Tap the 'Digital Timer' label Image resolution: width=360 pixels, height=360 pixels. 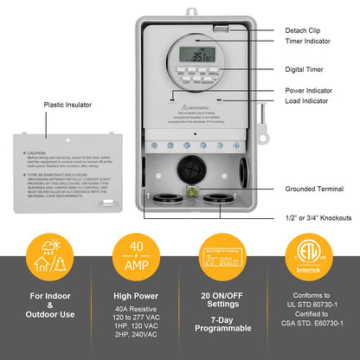pos(305,68)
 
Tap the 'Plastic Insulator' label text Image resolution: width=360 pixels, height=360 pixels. pos(70,106)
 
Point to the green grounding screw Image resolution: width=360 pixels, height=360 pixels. pos(196,192)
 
